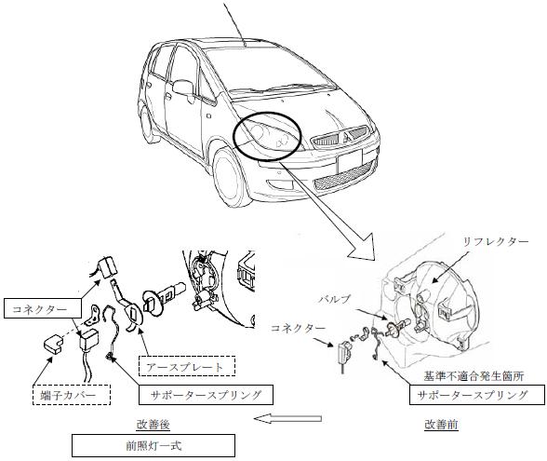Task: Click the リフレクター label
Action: tap(495, 242)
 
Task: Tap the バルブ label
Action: tap(334, 299)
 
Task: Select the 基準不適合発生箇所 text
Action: tap(474, 376)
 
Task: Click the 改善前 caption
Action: tap(441, 425)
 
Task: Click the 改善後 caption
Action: tap(153, 425)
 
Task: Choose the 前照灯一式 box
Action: tap(153, 445)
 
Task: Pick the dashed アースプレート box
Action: tap(187, 366)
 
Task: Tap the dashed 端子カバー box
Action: tap(71, 395)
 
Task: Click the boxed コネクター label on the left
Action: tap(43, 308)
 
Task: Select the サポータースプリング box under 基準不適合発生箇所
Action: tap(477, 395)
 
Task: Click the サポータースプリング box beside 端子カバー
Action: tap(206, 395)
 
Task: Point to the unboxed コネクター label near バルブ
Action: tap(298, 328)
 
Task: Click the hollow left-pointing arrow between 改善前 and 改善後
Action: tap(287, 418)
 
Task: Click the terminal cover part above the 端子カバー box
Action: tap(53, 345)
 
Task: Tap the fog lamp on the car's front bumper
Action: tap(278, 185)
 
